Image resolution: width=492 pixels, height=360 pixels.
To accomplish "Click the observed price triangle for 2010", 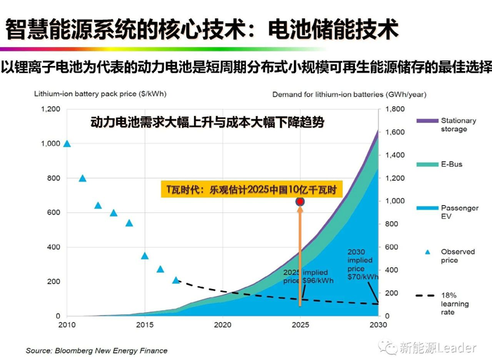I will (67, 143).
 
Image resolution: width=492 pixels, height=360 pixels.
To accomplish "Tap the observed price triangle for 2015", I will (145, 256).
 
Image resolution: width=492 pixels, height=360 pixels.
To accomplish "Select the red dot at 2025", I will (300, 202).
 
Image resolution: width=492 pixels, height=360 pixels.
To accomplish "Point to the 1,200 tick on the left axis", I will (51, 109).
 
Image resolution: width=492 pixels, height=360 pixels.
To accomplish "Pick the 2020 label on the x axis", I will (223, 325).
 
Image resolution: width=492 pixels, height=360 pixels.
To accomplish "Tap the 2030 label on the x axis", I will (378, 325).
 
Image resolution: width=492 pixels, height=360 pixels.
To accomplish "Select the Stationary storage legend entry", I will (458, 125).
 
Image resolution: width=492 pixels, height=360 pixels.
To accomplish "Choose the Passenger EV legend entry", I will (459, 212).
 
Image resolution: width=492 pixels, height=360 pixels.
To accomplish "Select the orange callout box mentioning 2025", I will (249, 190).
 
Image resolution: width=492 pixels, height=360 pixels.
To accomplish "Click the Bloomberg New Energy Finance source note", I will (96, 349).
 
